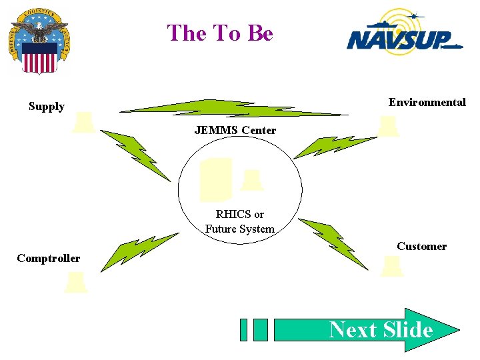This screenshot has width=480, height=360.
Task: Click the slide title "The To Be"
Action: point(220,33)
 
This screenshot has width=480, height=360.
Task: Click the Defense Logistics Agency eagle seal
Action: point(39,41)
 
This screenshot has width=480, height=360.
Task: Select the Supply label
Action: point(47,107)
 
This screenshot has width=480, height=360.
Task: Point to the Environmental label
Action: point(427,102)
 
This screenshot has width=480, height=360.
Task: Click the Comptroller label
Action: point(48,258)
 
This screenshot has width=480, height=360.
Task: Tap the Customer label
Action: point(421,246)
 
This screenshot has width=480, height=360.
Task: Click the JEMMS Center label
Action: point(235,130)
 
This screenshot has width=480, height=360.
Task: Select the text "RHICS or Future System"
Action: point(239,221)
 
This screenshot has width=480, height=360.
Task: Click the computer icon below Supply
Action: point(83,122)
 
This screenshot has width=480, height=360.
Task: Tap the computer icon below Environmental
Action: point(387,125)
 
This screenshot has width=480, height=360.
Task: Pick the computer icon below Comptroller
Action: point(75,282)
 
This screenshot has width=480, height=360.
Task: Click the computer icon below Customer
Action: point(391,266)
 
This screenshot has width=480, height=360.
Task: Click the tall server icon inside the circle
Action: point(216,179)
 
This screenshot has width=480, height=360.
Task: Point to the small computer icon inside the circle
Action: point(251,180)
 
